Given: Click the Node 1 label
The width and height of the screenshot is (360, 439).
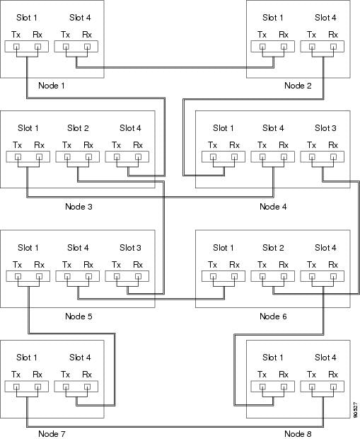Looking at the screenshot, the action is click(52, 86).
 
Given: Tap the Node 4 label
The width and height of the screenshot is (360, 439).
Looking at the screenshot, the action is click(273, 207).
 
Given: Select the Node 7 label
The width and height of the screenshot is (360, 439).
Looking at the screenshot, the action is click(52, 433).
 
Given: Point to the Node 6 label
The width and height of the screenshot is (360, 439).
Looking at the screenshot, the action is click(273, 317).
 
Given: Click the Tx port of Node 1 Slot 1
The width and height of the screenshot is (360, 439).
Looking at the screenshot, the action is click(16, 47).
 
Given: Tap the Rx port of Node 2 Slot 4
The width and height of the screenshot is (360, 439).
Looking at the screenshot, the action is click(333, 47).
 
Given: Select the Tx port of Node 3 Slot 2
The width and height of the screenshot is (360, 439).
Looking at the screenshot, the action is click(67, 156).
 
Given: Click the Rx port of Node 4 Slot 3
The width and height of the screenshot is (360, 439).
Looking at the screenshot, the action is click(333, 156).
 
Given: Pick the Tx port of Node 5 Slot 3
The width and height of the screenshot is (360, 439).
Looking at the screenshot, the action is click(117, 276).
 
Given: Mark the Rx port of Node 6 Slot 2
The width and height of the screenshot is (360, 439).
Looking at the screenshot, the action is click(284, 276).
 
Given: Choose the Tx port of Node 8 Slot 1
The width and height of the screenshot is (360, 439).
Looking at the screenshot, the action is click(262, 387).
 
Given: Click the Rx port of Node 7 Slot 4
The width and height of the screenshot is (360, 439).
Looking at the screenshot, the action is click(87, 387).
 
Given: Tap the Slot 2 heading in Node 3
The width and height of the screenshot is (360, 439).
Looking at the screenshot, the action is click(78, 128).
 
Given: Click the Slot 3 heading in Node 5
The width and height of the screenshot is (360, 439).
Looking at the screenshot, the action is click(130, 248).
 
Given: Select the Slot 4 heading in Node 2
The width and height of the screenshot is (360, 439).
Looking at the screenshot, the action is click(325, 18).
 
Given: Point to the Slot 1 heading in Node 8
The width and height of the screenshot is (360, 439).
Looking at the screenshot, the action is click(273, 358).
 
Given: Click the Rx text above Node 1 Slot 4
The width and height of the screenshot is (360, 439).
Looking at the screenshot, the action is click(87, 35).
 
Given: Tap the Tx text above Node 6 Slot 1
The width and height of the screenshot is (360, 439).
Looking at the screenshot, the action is click(213, 265).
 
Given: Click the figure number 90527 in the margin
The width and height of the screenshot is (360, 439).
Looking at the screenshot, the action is click(355, 410).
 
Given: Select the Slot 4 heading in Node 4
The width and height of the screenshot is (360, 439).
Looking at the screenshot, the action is click(273, 128).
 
